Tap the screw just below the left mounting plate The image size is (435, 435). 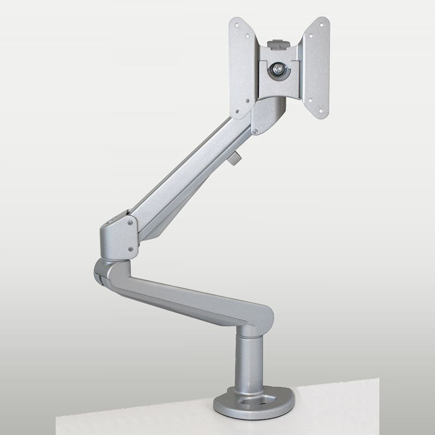coord(255,131)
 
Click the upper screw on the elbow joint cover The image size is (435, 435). coord(130,221)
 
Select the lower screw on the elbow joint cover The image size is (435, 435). coord(130,249)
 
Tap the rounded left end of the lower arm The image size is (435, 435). coord(103,270)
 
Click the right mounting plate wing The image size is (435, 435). coord(316,68)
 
